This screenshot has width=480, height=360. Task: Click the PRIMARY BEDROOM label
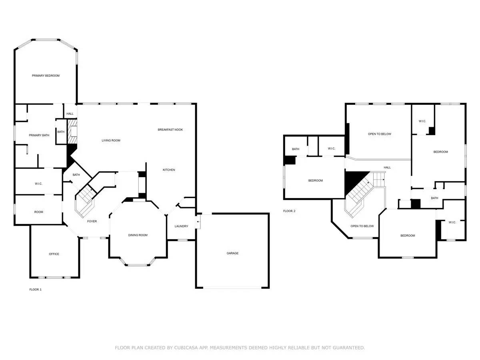coord(46,76)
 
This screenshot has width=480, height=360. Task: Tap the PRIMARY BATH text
coord(39,135)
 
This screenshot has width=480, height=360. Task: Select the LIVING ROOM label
coord(111,140)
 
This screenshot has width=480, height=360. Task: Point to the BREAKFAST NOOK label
coord(170,130)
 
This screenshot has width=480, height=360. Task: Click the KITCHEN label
coord(168,170)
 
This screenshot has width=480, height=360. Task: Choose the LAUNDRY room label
coord(181,226)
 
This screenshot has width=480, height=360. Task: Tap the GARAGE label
coord(232,253)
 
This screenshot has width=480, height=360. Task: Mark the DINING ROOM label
coord(138,235)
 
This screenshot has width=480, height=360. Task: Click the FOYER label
coord(92,221)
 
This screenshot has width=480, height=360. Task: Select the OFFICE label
coord(54,254)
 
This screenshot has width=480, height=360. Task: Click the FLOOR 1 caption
coord(35,289)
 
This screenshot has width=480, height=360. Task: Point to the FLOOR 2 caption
coord(289,211)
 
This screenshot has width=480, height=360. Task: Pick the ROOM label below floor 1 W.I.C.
coord(38,212)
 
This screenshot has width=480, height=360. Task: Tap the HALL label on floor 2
coord(387,168)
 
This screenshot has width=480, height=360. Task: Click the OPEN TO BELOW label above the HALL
coord(379,134)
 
